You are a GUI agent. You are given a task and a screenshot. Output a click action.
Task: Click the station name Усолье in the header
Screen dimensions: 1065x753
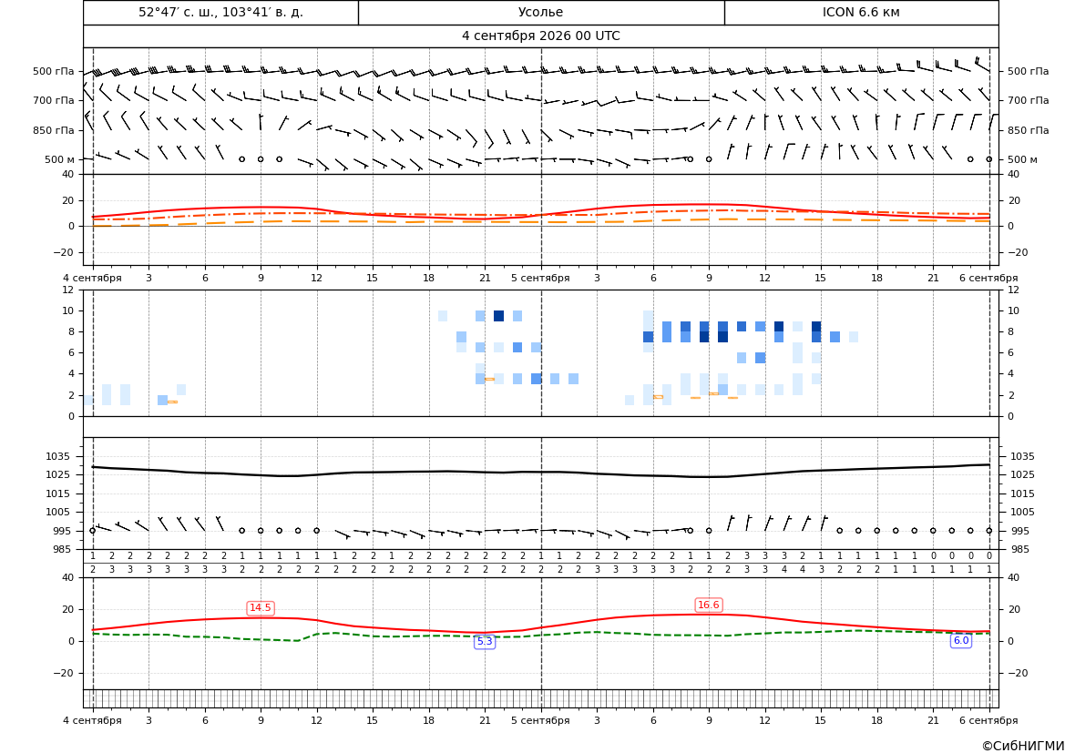click(540, 12)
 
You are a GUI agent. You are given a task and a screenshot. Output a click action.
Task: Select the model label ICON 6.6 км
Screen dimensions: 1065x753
click(861, 12)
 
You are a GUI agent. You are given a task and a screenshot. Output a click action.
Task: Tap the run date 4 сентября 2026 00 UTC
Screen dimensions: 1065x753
click(540, 36)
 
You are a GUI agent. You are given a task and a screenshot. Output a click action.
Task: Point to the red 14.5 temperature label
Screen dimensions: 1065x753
click(261, 607)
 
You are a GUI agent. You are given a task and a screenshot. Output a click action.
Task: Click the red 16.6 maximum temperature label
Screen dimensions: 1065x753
click(709, 605)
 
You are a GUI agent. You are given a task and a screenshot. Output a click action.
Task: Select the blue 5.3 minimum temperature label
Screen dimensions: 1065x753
click(485, 641)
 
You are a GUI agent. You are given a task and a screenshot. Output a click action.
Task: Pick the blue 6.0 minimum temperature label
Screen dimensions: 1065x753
click(961, 640)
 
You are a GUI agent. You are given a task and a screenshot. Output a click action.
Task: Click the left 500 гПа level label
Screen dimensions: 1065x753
click(54, 71)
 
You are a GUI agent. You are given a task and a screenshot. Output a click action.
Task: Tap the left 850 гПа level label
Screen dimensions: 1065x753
click(54, 130)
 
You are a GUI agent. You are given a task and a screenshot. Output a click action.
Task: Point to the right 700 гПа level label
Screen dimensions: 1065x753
click(1029, 100)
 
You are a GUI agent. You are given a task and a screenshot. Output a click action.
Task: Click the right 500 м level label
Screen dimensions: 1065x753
click(1022, 159)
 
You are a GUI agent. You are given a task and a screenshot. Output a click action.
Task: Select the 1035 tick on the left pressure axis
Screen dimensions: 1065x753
click(60, 456)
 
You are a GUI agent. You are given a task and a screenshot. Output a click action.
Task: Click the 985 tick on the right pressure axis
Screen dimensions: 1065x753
click(1019, 549)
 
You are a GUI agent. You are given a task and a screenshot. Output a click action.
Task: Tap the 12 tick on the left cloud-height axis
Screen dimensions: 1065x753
click(68, 290)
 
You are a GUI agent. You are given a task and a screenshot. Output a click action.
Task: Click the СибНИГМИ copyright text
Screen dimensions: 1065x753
click(1023, 746)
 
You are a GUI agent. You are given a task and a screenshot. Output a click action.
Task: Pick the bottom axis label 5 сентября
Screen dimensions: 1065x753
click(540, 720)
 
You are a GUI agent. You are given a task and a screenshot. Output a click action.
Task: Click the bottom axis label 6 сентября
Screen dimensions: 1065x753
click(988, 720)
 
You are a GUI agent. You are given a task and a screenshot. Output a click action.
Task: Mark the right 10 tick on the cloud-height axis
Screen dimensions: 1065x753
click(1013, 311)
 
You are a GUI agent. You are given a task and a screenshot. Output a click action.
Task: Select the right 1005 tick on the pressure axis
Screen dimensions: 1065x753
click(1021, 512)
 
